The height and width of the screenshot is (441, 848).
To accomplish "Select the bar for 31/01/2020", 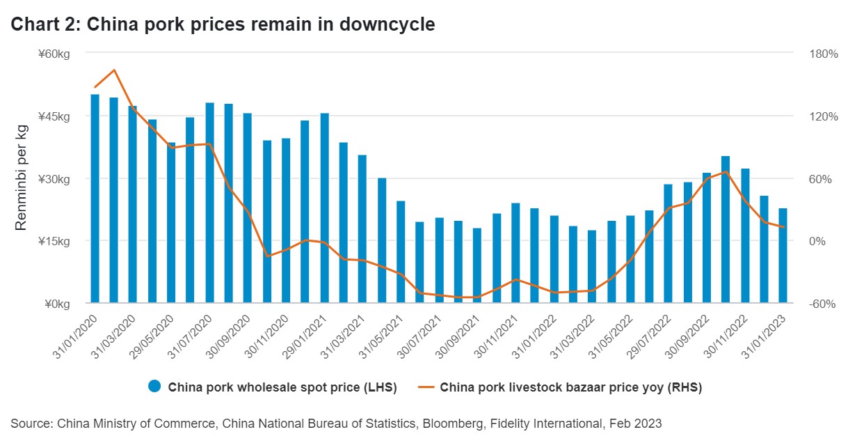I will pyautogui.click(x=95, y=199).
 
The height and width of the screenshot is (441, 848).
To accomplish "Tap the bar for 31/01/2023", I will pyautogui.click(x=783, y=255).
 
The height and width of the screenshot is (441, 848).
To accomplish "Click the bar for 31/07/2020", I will pyautogui.click(x=209, y=203).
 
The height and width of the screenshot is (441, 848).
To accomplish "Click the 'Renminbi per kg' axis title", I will pyautogui.click(x=22, y=178).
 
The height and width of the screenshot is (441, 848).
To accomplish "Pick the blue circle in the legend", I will pyautogui.click(x=154, y=387).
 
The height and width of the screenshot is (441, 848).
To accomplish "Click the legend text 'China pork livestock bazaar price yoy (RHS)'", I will pyautogui.click(x=570, y=387).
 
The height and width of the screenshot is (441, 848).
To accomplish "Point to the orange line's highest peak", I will pyautogui.click(x=114, y=70).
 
